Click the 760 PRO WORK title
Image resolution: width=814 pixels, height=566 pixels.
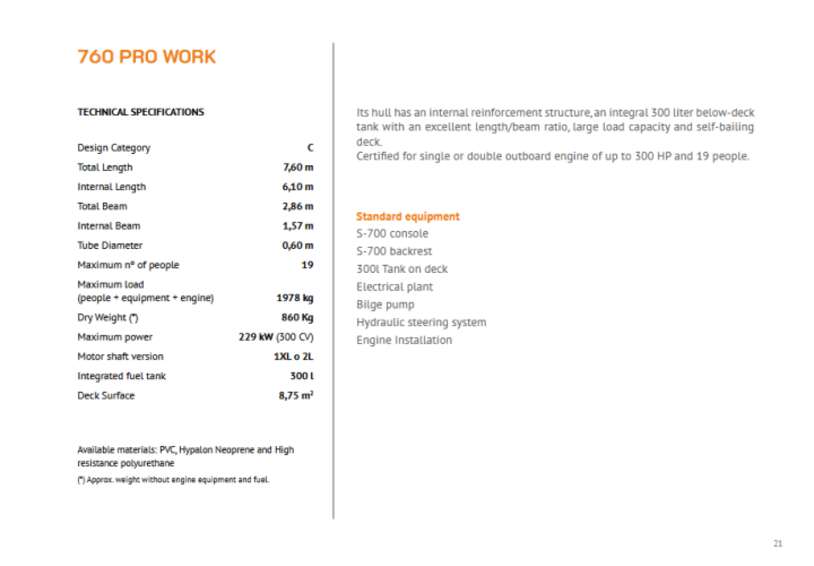(x=146, y=57)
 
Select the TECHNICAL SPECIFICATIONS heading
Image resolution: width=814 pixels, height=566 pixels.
(x=141, y=112)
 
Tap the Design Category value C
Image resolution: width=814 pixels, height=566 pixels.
(x=310, y=148)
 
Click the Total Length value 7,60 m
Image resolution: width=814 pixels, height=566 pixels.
(x=298, y=167)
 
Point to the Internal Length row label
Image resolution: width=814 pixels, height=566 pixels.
(x=111, y=187)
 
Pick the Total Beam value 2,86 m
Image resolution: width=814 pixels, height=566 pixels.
(x=298, y=206)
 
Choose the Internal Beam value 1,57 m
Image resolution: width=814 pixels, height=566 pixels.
(x=298, y=226)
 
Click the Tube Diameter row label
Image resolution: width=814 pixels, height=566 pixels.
(x=109, y=245)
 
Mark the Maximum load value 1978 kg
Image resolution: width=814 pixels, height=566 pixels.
(x=295, y=298)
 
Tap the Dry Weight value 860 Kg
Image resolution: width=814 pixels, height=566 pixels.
(x=297, y=318)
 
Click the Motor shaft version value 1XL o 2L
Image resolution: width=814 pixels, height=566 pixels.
(x=289, y=357)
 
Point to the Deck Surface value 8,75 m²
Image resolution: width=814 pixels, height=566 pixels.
(x=296, y=396)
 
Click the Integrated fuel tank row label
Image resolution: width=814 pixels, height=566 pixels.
(x=121, y=376)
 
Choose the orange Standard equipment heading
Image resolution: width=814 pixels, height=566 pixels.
(x=408, y=216)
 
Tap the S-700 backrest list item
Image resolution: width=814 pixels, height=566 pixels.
(x=394, y=252)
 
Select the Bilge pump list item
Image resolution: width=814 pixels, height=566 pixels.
(x=385, y=304)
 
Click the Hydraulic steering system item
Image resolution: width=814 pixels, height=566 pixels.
(x=421, y=323)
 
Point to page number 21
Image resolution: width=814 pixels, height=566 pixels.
(x=778, y=543)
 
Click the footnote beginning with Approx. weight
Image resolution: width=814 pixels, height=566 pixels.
(x=173, y=480)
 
